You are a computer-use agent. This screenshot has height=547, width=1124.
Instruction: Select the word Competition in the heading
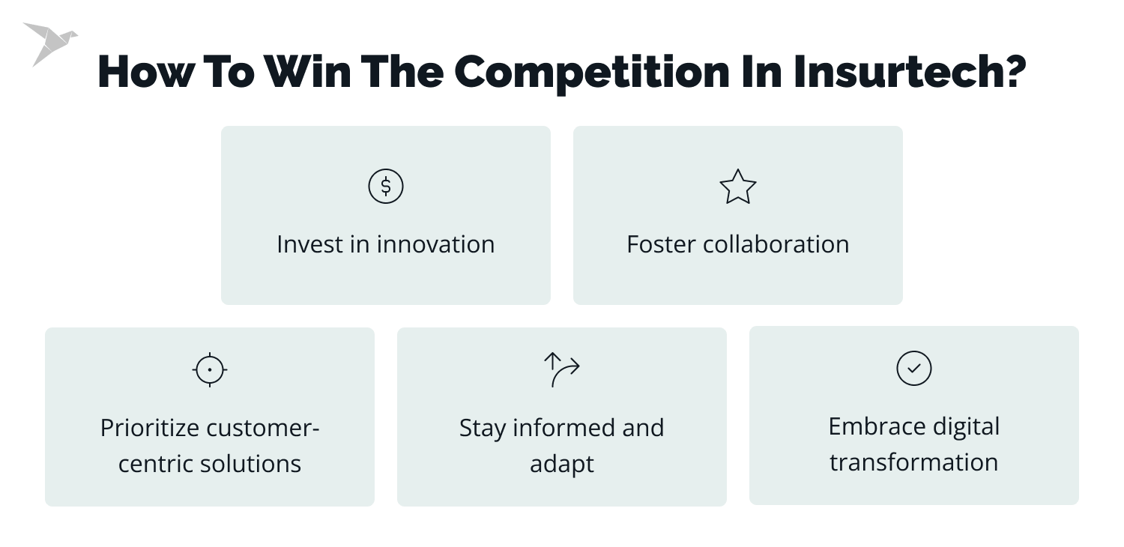tap(592, 73)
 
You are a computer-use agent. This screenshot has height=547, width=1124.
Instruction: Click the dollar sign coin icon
tap(386, 187)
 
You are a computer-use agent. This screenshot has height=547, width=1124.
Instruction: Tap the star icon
tap(737, 187)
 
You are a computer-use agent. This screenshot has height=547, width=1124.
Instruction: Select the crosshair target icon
tap(210, 369)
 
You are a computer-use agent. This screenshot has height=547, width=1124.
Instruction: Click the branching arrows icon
tap(561, 369)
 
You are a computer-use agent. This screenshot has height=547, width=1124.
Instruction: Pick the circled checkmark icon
tap(913, 368)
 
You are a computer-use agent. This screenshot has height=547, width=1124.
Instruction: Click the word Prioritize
tap(151, 428)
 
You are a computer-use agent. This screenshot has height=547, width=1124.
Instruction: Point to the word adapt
tap(561, 464)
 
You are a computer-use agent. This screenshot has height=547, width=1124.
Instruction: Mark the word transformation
tap(913, 462)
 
